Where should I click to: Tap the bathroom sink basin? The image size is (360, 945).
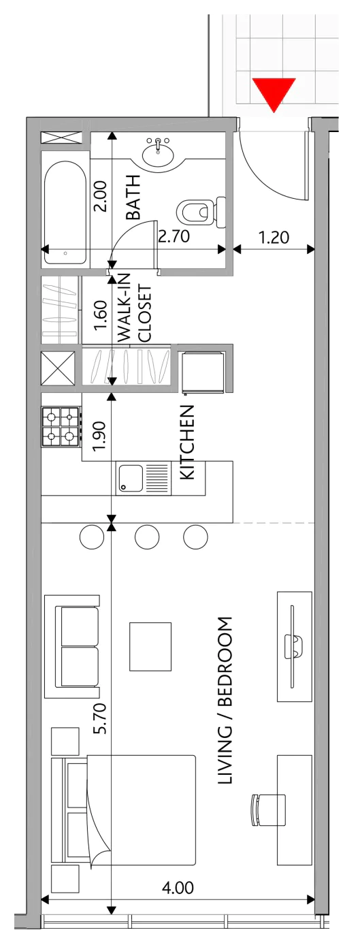pos(158,154)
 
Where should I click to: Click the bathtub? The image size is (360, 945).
pos(65,212)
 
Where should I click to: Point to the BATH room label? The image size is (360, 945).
pos(133,197)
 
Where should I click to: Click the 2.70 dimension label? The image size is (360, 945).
pos(174,236)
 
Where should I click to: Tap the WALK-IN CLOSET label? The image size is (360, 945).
pos(135,308)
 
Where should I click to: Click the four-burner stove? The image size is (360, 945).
pos(61,426)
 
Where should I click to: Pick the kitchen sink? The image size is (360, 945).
pos(144,478)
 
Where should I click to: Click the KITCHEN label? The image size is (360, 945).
pos(187,442)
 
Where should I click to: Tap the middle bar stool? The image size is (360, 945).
pos(147,536)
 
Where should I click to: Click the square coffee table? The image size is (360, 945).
pos(150,647)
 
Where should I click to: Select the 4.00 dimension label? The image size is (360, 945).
pos(178,888)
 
